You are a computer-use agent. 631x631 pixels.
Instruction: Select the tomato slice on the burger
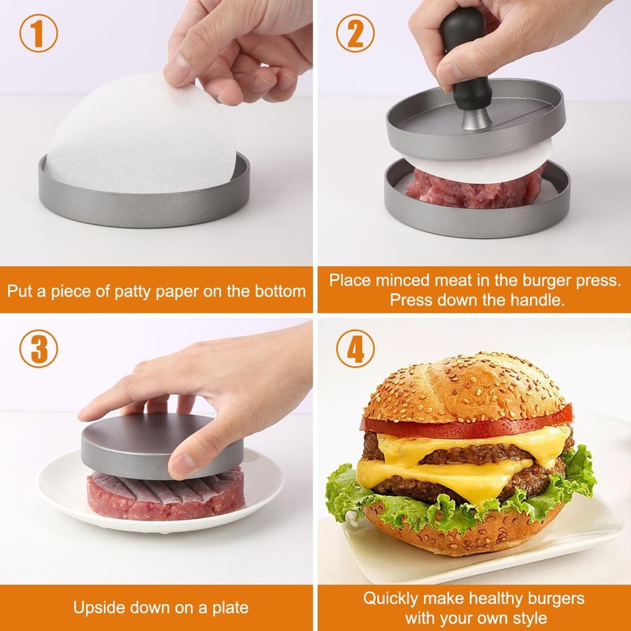pyautogui.click(x=465, y=425)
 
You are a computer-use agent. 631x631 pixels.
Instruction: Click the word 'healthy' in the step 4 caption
pyautogui.click(x=487, y=599)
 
